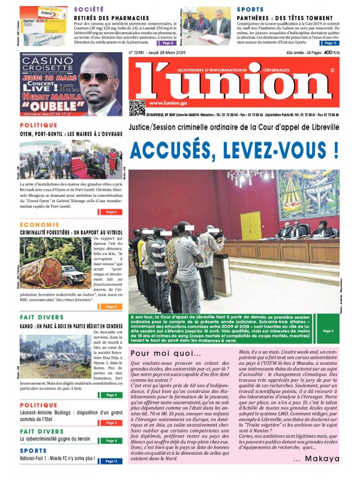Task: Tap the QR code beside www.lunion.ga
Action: pyautogui.click(x=137, y=107)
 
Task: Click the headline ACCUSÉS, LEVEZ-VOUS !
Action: pyautogui.click(x=234, y=149)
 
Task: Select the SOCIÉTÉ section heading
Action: pyautogui.click(x=91, y=10)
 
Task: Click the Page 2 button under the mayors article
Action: pyautogui.click(x=112, y=212)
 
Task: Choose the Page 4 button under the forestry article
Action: pyautogui.click(x=112, y=307)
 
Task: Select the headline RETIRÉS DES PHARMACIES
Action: pyautogui.click(x=98, y=18)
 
